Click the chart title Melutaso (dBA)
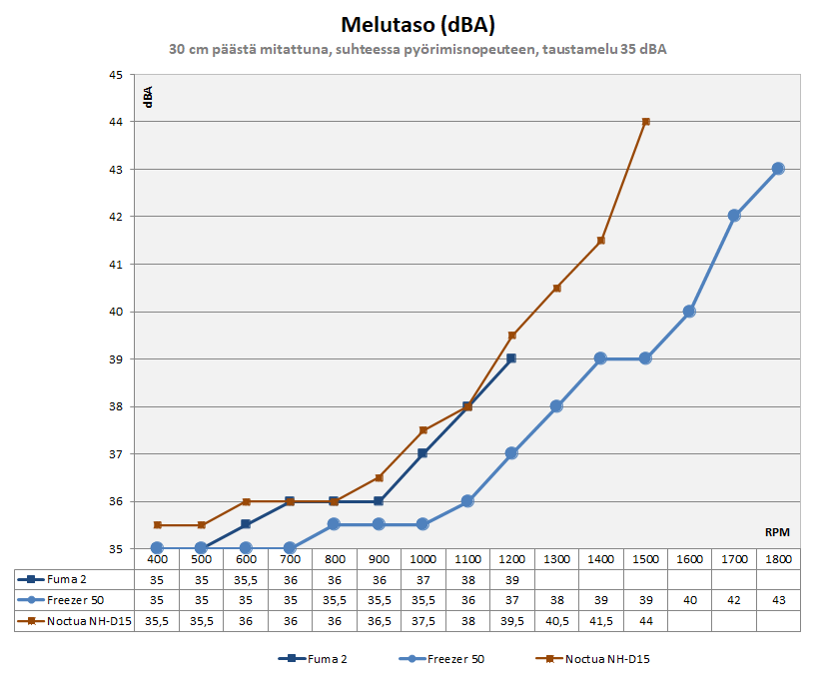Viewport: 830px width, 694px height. coord(415,23)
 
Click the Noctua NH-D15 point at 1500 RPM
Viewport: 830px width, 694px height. coord(646,122)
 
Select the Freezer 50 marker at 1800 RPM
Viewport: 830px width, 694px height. coord(778,169)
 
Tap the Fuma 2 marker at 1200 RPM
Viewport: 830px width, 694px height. coord(511,358)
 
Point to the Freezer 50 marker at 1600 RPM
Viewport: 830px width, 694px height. coord(689,312)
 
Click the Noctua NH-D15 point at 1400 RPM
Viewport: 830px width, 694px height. coord(601,241)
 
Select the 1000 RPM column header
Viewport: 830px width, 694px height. coord(422,560)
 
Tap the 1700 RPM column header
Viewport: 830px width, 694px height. coord(734,560)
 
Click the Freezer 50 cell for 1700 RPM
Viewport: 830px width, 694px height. coord(734,600)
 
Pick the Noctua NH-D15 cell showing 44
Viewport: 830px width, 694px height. coord(646,620)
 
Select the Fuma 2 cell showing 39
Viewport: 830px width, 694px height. coord(511,580)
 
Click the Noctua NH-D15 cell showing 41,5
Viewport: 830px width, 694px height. coord(601,620)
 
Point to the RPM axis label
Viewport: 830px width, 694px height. coord(778,534)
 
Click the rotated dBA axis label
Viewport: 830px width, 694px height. coord(148,97)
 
